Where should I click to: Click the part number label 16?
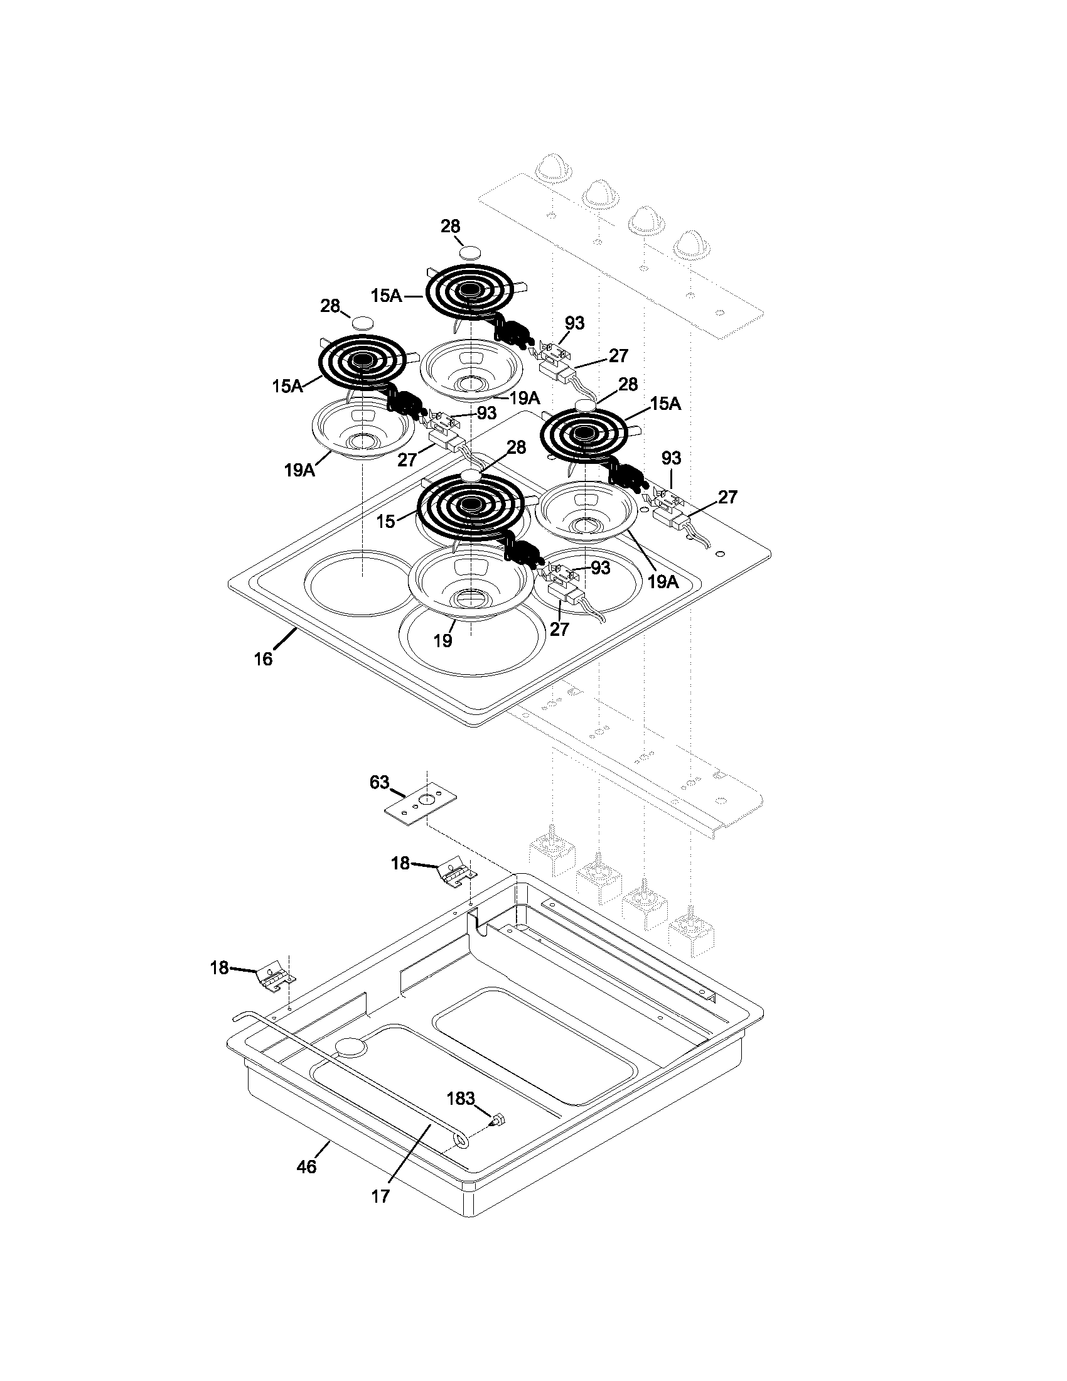coord(263,659)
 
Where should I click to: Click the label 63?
coord(379,782)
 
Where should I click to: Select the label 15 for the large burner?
coord(385,522)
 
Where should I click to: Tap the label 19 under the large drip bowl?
coord(442,640)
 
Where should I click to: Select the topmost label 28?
coord(450,227)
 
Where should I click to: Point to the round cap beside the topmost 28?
coord(469,252)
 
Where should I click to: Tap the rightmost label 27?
coord(727,497)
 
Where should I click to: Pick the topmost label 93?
coord(574,323)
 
